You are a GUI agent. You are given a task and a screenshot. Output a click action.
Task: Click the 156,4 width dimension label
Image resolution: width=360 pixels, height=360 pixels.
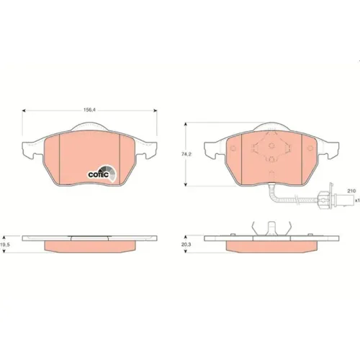89,110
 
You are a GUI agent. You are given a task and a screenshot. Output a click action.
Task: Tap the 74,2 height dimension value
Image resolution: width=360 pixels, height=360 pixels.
186,154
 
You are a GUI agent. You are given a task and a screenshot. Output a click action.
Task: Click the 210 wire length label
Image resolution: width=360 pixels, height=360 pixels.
351,191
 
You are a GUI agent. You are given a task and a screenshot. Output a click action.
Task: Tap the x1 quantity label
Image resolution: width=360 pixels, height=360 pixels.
357,200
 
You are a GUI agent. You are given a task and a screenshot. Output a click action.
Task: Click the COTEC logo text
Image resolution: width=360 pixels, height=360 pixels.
99,175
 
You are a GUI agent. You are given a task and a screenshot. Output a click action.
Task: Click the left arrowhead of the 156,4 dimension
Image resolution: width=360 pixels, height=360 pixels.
24,111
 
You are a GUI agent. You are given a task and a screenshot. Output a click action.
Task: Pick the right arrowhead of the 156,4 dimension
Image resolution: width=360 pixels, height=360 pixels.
156,111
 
